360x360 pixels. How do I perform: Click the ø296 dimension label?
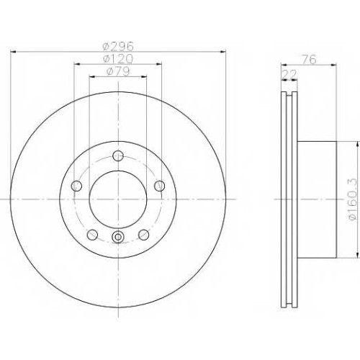point(117,46)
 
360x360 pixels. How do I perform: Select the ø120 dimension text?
point(117,59)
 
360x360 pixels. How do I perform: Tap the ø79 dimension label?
point(118,71)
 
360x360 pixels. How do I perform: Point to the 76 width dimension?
point(309,60)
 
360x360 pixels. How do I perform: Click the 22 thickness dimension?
point(289,75)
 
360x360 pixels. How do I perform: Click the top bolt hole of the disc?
point(118,156)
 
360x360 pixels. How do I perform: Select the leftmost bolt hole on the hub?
point(76,186)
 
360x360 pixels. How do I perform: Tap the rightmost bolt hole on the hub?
point(159,186)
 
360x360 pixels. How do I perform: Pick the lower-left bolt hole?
point(92,235)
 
